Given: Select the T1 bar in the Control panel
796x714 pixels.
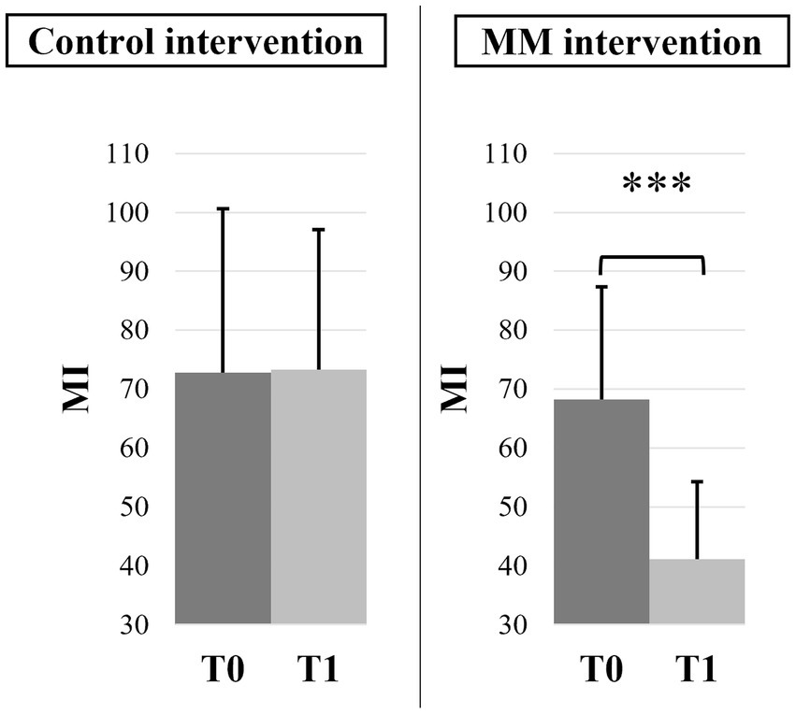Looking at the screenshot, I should tap(318, 496).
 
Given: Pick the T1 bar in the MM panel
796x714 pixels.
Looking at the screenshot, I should tap(697, 591).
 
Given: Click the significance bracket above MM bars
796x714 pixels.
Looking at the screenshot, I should tap(651, 257).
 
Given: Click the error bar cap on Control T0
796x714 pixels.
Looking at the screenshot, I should tap(223, 208).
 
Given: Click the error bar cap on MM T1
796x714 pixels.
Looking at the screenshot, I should tap(697, 481).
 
